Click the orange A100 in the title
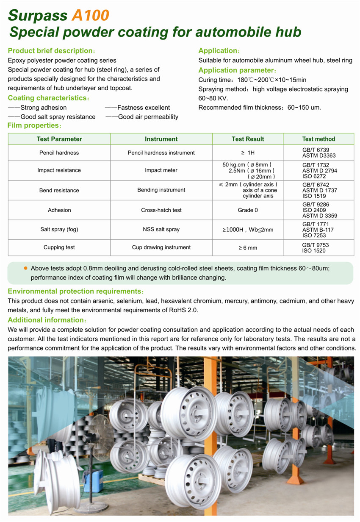[x=90, y=15]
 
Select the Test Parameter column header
[x=59, y=139]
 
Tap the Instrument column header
[x=161, y=139]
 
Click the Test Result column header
[x=248, y=139]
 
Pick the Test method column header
[x=318, y=139]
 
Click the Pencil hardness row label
[x=59, y=153]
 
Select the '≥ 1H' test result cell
[x=248, y=153]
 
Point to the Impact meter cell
[x=161, y=170]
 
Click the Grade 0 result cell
[x=248, y=210]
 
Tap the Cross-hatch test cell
[x=161, y=210]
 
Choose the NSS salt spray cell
[x=161, y=229]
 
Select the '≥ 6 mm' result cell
[x=248, y=247]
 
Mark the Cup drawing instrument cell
[x=161, y=247]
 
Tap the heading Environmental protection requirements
[x=74, y=292]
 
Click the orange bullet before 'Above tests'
[x=25, y=268]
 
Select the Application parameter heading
[x=235, y=70]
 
